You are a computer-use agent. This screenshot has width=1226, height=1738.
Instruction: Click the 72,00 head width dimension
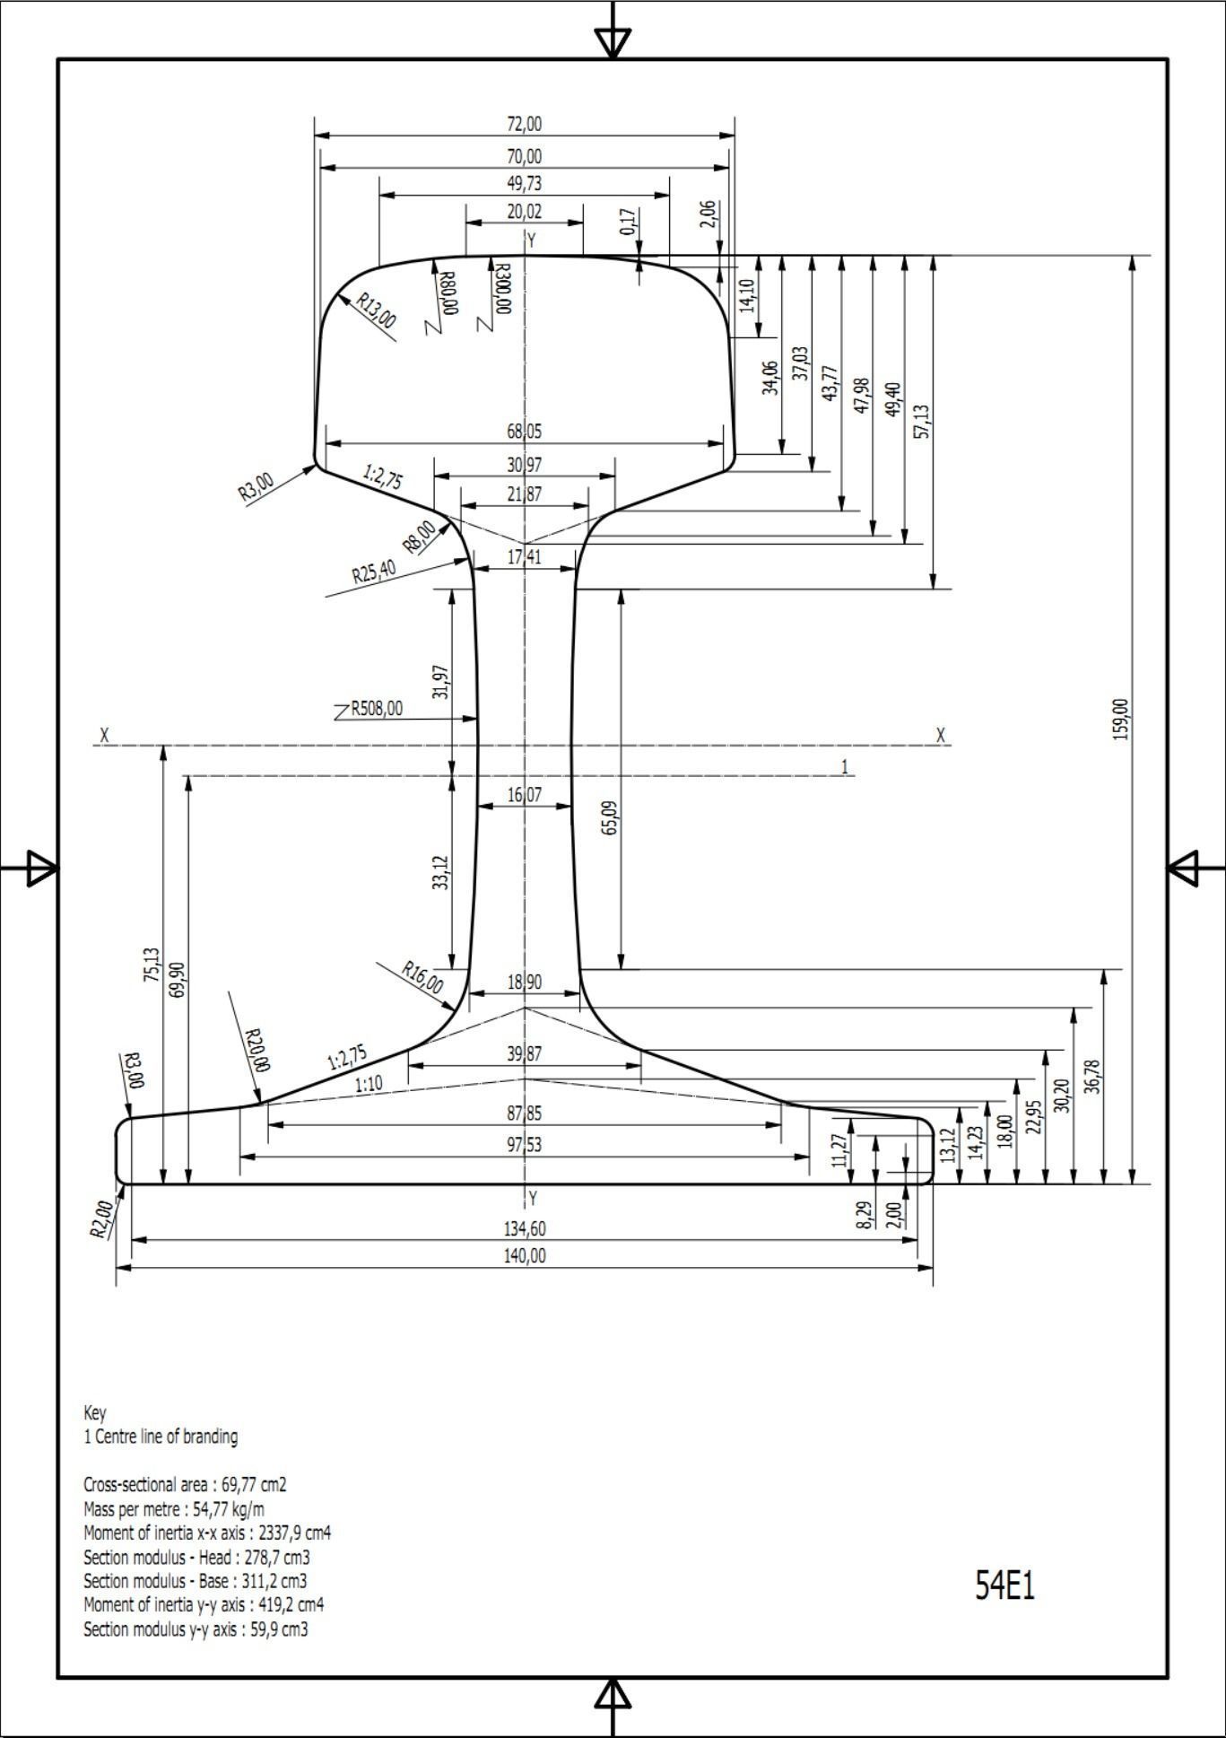click(x=525, y=124)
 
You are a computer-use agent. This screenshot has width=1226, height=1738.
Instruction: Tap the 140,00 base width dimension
click(x=525, y=1255)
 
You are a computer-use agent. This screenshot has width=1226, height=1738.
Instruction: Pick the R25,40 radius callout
click(x=374, y=572)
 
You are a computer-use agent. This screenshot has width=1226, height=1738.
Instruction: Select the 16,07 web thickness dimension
click(x=525, y=794)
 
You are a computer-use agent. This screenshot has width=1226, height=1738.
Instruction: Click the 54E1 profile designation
click(x=1004, y=1585)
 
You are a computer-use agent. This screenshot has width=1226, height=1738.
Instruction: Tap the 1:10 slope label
click(x=369, y=1084)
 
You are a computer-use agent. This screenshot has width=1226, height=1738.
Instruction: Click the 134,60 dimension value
click(x=525, y=1228)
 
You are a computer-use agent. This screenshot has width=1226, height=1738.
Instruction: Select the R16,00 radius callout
click(x=422, y=978)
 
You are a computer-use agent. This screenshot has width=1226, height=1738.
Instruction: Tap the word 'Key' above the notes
click(x=94, y=1412)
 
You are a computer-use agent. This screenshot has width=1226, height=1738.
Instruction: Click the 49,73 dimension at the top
click(x=525, y=183)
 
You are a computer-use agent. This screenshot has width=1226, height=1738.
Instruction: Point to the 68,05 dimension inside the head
click(x=525, y=432)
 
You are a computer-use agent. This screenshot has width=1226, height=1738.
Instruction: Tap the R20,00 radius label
click(x=257, y=1050)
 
